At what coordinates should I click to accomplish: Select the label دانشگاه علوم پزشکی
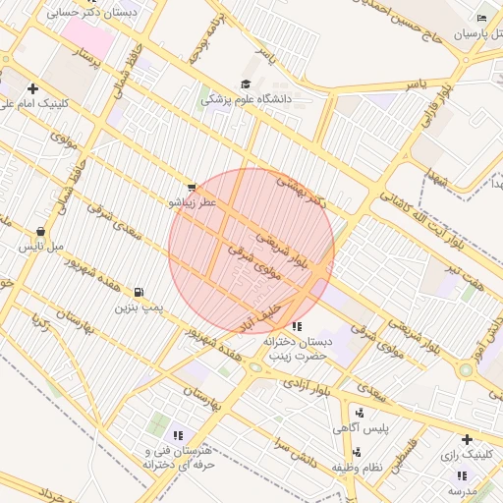(x=250, y=98)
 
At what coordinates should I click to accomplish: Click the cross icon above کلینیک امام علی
(x=33, y=87)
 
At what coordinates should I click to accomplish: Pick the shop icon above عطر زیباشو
(x=192, y=187)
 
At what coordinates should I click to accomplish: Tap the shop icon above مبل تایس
(x=40, y=232)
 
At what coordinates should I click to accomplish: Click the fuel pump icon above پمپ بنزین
(x=139, y=292)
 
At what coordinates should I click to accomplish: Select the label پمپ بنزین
(x=137, y=307)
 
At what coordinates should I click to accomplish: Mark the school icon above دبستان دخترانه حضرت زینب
(x=297, y=326)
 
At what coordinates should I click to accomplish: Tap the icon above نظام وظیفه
(x=356, y=453)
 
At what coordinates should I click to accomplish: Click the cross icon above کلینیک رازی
(x=467, y=439)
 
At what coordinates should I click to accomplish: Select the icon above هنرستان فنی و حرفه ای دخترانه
(x=178, y=434)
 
